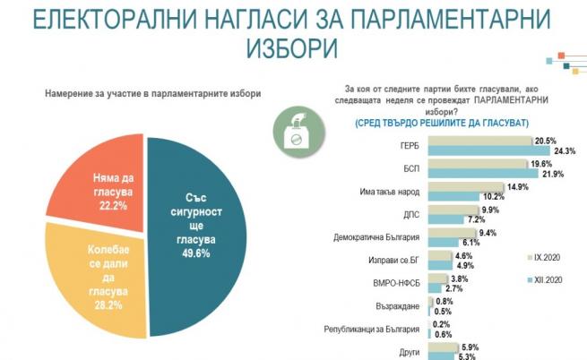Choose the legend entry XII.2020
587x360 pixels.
(x=547, y=280)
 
